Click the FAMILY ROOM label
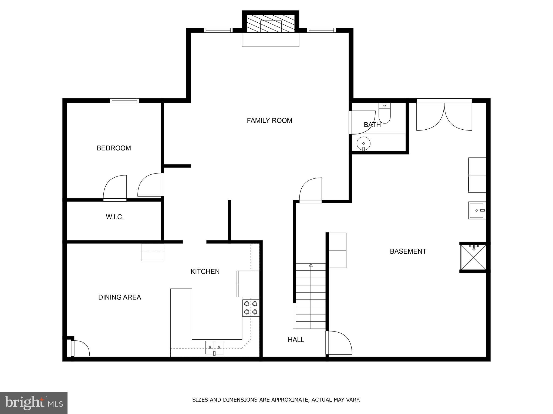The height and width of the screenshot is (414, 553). coord(269,120)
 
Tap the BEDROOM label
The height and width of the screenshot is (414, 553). coord(114,148)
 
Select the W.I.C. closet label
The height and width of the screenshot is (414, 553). coord(115,217)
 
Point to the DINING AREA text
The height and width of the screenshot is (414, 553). coord(120,297)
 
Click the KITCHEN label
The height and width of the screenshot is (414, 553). coord(205,271)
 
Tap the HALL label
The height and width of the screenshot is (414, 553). coord(296,340)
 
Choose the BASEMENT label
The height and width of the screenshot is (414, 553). coord(408,251)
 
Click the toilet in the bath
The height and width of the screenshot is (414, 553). coord(385,114)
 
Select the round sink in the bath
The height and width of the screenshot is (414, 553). coord(363,143)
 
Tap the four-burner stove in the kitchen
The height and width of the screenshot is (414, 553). coord(251,308)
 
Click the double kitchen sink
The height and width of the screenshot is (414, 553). coord(214,347)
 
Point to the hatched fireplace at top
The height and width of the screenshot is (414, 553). coord(271,24)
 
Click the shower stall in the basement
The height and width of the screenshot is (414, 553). coord(473,257)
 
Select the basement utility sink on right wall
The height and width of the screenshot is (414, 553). coord(477,210)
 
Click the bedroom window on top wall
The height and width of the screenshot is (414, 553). coord(124,101)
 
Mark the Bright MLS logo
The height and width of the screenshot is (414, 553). coord(33,403)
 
